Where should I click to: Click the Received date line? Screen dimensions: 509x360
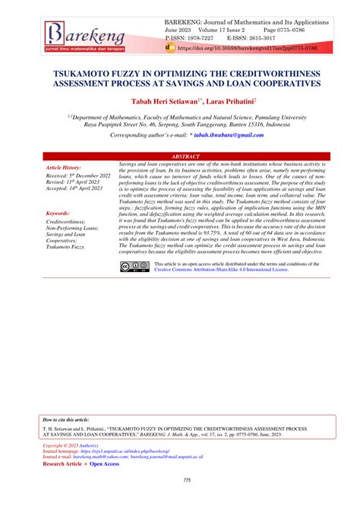pos(78,175)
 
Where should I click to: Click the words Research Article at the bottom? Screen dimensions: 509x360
pos(62,463)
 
